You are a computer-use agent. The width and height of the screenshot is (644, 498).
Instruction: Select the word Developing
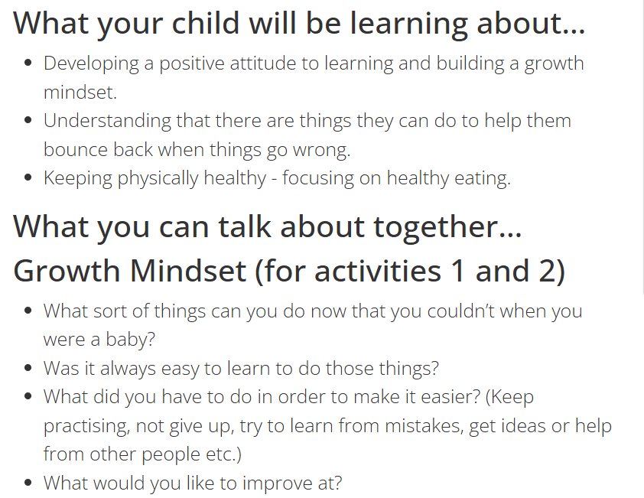pyautogui.click(x=91, y=64)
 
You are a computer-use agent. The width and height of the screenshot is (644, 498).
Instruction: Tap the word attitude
pyautogui.click(x=263, y=63)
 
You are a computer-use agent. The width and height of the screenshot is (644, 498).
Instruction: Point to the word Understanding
pyautogui.click(x=107, y=122)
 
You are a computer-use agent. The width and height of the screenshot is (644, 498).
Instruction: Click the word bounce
pyautogui.click(x=76, y=150)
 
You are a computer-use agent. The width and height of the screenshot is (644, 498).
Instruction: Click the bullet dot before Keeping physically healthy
pyautogui.click(x=28, y=177)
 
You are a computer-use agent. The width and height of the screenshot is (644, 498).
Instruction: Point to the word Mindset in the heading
pyautogui.click(x=188, y=272)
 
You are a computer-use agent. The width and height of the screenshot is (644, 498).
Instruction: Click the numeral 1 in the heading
pyautogui.click(x=458, y=272)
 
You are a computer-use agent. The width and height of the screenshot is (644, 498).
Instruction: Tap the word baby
pyautogui.click(x=130, y=340)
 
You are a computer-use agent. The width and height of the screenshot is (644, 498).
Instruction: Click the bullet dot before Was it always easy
pyautogui.click(x=28, y=368)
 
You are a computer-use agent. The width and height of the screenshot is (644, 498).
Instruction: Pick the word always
pyautogui.click(x=128, y=369)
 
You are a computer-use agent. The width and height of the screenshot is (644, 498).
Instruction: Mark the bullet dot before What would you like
pyautogui.click(x=28, y=483)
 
